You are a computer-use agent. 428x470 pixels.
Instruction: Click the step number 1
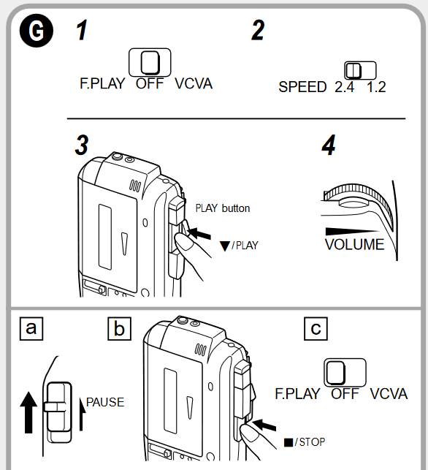point(85,31)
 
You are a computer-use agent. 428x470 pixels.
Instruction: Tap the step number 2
point(257,31)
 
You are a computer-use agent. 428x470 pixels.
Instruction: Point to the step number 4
point(329,145)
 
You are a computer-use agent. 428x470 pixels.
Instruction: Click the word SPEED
point(302,87)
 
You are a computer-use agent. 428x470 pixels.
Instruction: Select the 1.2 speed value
point(376,87)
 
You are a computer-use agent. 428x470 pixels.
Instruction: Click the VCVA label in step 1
point(194,83)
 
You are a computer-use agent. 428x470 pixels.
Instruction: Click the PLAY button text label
point(223,208)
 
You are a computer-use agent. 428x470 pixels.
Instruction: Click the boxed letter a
point(31,329)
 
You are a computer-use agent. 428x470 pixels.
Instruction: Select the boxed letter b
point(119,329)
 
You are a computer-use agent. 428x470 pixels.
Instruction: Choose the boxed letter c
point(316,329)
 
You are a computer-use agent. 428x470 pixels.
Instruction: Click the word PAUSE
point(105,402)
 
